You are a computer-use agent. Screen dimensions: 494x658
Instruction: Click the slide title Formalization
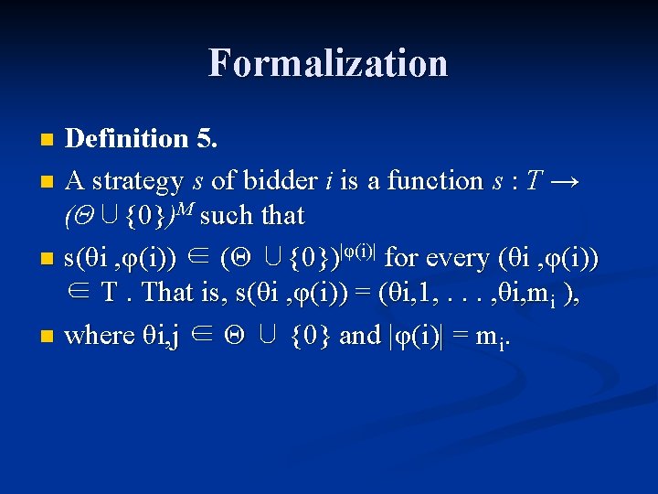pos(328,63)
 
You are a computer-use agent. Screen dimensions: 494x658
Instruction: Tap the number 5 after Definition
pos(207,138)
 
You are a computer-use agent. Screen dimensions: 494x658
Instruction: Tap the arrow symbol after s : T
pos(564,181)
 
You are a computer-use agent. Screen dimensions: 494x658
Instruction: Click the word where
pos(101,335)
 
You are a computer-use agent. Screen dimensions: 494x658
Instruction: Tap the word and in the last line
pos(359,335)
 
